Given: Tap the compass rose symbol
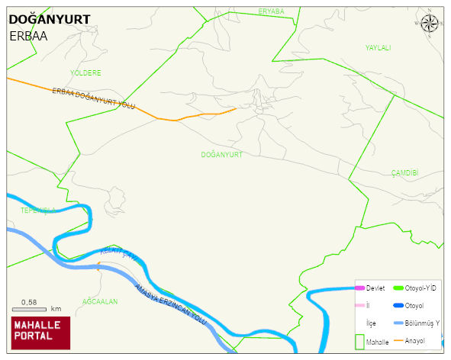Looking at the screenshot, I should [430, 23].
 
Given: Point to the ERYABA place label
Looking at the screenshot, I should [271, 11].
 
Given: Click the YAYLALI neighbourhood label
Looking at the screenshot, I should [378, 47].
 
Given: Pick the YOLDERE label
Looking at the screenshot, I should [85, 73].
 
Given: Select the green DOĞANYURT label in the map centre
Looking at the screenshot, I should [221, 155].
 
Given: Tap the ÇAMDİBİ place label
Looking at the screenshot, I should [404, 172].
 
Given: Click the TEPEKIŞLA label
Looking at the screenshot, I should [38, 211].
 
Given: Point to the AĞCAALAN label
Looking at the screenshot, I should [100, 301].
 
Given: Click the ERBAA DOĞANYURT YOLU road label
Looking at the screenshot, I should [93, 98].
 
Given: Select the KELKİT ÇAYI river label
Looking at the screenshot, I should [121, 255].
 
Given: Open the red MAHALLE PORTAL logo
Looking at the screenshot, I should [40, 333].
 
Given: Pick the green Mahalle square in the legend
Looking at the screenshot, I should [359, 342].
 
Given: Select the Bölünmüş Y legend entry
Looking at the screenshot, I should [421, 323].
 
